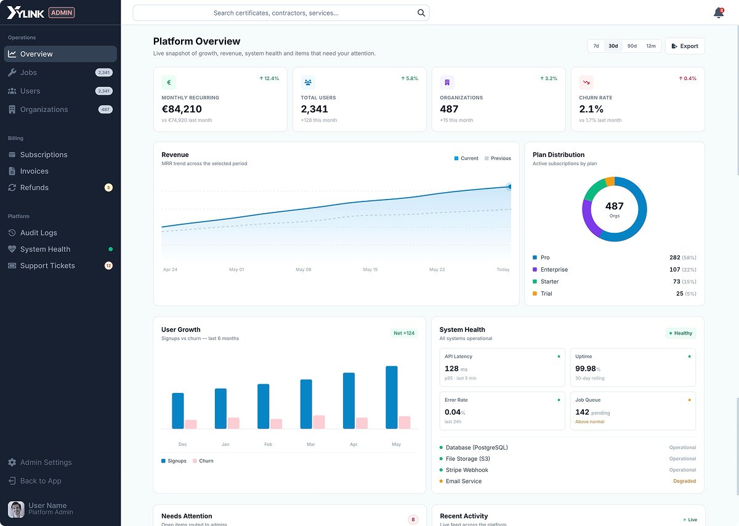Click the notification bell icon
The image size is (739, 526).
(x=719, y=13)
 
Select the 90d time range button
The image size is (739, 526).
(x=632, y=46)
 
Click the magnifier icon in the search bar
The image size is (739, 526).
(x=421, y=13)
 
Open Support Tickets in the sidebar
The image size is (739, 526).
(x=47, y=265)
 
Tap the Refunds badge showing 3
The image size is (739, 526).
(x=108, y=187)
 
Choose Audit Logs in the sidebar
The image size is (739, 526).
(x=39, y=233)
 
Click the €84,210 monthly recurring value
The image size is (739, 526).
(x=182, y=109)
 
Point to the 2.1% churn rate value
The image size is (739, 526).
(x=591, y=109)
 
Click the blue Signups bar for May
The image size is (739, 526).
(x=392, y=397)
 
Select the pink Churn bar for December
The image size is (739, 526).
(x=191, y=424)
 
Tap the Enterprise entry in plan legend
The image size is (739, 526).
(x=554, y=270)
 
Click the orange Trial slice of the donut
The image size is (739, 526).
(x=610, y=182)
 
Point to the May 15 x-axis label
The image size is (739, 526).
(x=370, y=270)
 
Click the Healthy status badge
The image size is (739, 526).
(x=681, y=333)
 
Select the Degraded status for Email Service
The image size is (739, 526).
(x=685, y=481)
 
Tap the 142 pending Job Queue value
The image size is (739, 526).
(x=592, y=412)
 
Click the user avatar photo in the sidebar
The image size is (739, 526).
(x=16, y=509)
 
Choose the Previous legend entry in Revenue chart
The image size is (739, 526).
(x=498, y=158)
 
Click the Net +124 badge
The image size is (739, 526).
(x=404, y=333)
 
